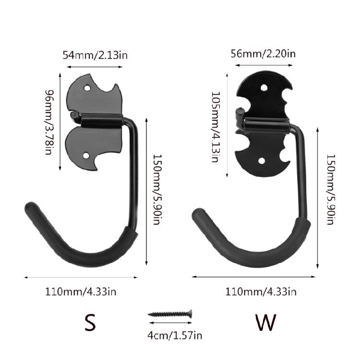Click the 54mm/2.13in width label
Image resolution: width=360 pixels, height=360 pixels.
(95, 55)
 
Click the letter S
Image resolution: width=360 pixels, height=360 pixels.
(90, 323)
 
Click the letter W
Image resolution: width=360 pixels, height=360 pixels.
(265, 323)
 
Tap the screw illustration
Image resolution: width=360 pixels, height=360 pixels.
(170, 314)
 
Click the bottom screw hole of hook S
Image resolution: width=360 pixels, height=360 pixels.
(87, 156)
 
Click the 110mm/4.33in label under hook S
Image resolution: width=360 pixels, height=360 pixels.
(81, 291)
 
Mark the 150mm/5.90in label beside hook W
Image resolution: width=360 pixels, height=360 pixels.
(330, 190)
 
